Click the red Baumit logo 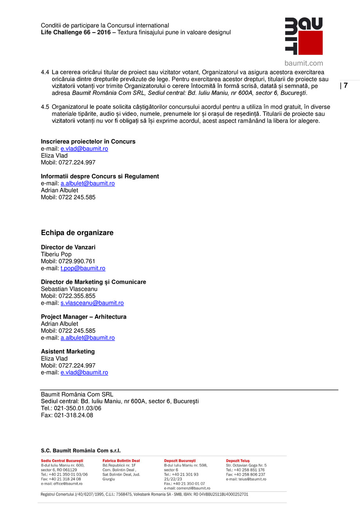point(304,36)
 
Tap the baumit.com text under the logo point(304,63)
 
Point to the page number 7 point(346,86)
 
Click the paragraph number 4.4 point(45,72)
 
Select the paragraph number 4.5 point(45,107)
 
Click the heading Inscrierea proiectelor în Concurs point(88,141)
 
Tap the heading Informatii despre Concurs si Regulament point(100,177)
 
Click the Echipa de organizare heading point(77,233)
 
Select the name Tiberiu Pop point(56,254)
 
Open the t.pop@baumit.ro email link point(83,269)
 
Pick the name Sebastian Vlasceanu point(69,289)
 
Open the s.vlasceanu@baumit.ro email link point(92,303)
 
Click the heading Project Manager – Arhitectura point(83,317)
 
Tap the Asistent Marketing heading point(68,352)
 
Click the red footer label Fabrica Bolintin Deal point(121,461)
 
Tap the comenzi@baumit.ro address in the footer point(192,488)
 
